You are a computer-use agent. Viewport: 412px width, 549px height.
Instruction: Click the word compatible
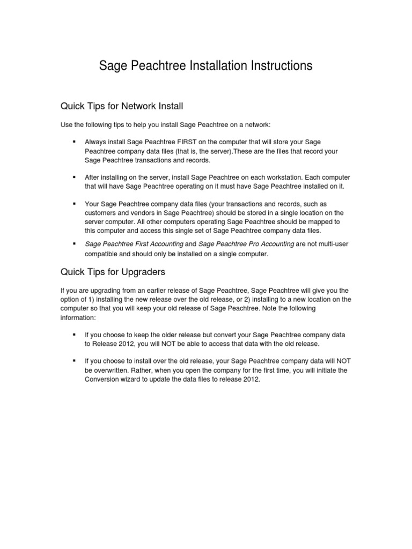point(102,254)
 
